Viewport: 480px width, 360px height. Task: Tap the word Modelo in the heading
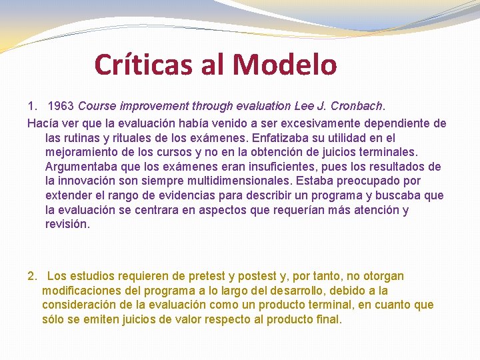[x=285, y=65]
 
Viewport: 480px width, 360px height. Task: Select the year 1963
[x=61, y=106]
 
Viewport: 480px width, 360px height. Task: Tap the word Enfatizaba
[x=281, y=138]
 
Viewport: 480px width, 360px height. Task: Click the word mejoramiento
[x=83, y=152]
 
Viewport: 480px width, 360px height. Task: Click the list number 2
[x=31, y=276]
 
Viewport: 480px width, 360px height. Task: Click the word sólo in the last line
[x=54, y=319]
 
